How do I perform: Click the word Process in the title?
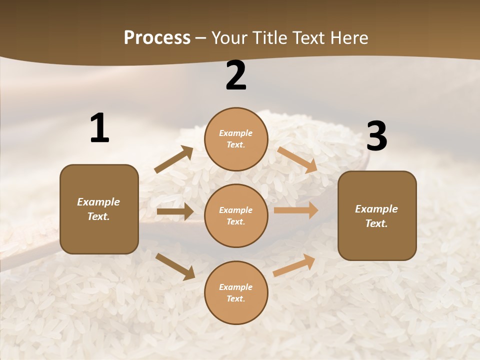pyautogui.click(x=157, y=38)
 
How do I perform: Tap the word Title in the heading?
pyautogui.click(x=269, y=38)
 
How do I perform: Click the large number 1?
pyautogui.click(x=99, y=128)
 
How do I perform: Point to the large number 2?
pyautogui.click(x=236, y=75)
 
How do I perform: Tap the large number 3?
pyautogui.click(x=376, y=136)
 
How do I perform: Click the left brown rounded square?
pyautogui.click(x=99, y=209)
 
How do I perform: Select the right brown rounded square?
pyautogui.click(x=377, y=215)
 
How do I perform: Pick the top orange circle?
pyautogui.click(x=236, y=139)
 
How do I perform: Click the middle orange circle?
pyautogui.click(x=236, y=215)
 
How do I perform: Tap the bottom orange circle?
pyautogui.click(x=236, y=292)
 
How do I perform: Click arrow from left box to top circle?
pyautogui.click(x=174, y=159)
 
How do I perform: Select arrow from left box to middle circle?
pyautogui.click(x=175, y=211)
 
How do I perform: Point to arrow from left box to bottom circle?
pyautogui.click(x=175, y=266)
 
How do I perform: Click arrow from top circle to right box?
pyautogui.click(x=297, y=159)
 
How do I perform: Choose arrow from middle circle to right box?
pyautogui.click(x=296, y=210)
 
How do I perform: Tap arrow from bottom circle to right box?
pyautogui.click(x=294, y=265)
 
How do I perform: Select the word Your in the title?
pyautogui.click(x=228, y=38)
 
